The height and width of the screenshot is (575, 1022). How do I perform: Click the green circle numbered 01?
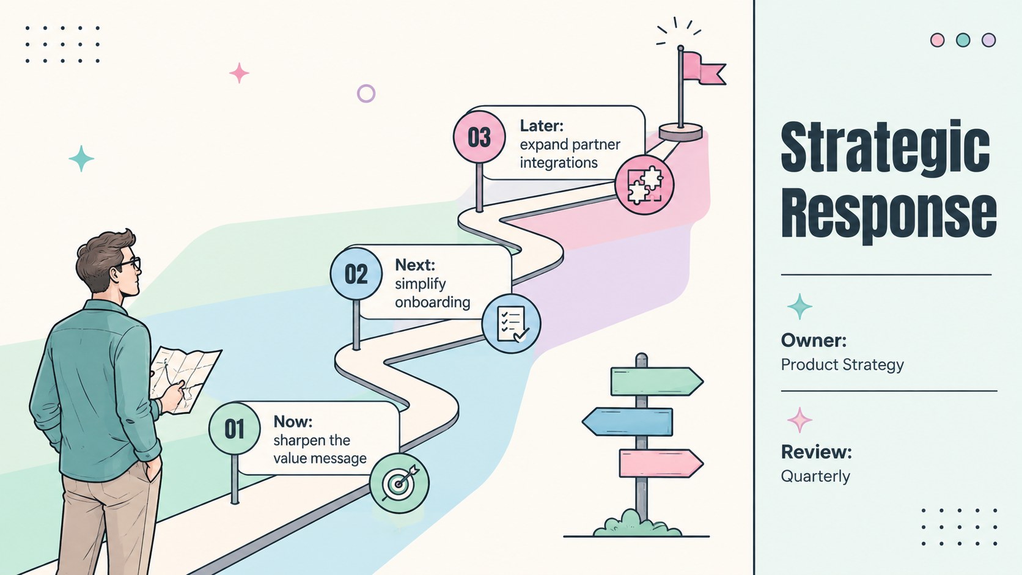coord(235,428)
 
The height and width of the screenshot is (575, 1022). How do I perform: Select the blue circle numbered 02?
coord(356,274)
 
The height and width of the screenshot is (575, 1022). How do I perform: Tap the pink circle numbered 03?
coord(479,137)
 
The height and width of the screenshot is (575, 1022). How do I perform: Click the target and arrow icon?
coord(399,483)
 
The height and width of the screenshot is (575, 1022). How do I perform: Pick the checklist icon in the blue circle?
coord(512,324)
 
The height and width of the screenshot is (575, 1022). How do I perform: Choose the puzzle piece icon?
coord(644,185)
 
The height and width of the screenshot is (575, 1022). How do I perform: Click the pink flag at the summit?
coord(705,68)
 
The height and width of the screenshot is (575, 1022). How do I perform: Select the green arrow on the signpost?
coord(657,381)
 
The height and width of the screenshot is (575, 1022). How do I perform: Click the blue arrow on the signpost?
coord(627,422)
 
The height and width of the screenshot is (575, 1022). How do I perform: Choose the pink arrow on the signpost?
coord(661,463)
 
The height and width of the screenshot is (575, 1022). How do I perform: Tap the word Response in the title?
coord(888,216)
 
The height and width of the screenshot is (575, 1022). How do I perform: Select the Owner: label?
coord(814,340)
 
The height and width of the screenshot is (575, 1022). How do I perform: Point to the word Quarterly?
coord(815,477)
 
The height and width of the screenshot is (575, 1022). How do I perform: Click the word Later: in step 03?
coord(542,126)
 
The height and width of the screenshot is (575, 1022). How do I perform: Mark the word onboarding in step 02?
coord(433,302)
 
